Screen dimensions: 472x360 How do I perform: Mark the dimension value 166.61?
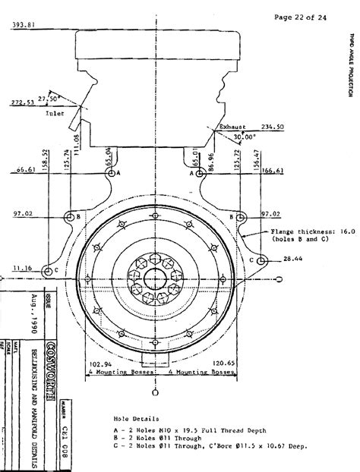click(x=271, y=171)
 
